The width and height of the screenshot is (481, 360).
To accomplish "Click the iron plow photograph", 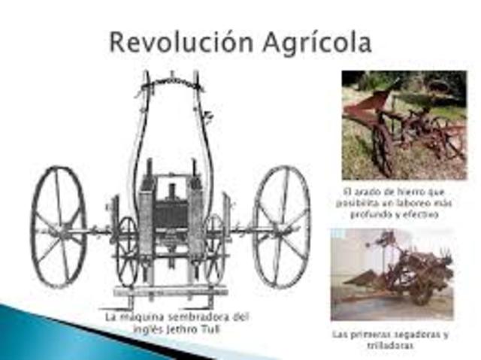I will point(404,124).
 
